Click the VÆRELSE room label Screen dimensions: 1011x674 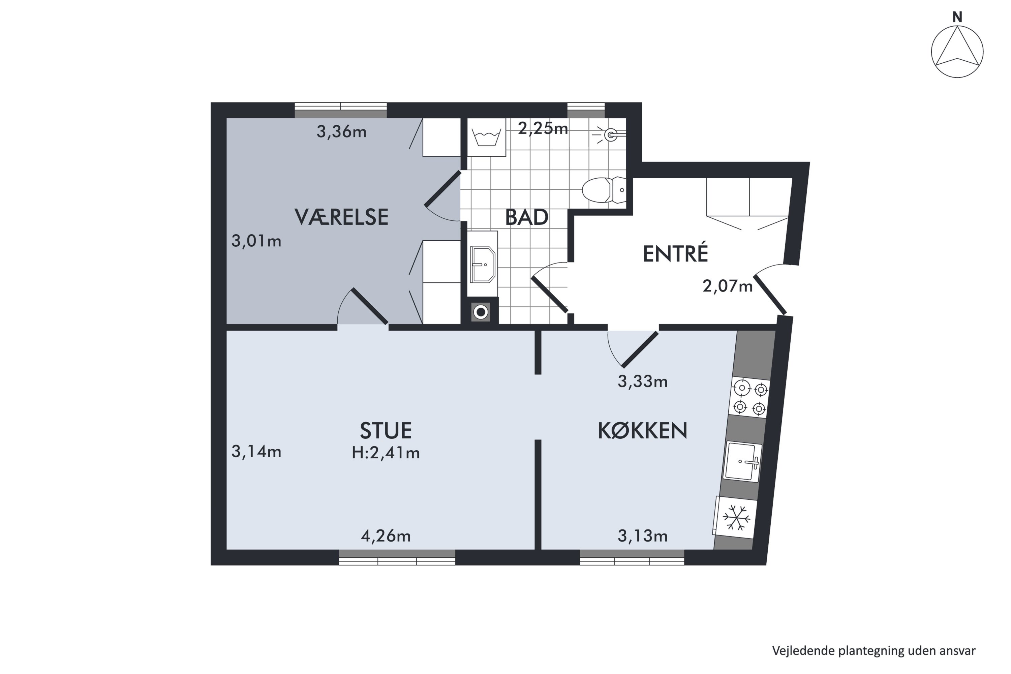point(341,217)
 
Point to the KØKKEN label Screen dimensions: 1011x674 point(643,430)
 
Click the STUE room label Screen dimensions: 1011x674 point(386,430)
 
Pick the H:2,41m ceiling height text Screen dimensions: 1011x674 point(386,453)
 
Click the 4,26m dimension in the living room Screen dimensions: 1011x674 point(386,536)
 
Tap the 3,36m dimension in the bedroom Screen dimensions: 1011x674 point(341,131)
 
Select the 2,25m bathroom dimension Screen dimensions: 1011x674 point(543,128)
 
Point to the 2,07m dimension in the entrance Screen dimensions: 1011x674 point(728,286)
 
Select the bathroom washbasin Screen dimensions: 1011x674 point(482,264)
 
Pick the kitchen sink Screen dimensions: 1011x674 point(742,462)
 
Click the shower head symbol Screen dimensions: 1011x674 point(609,135)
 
